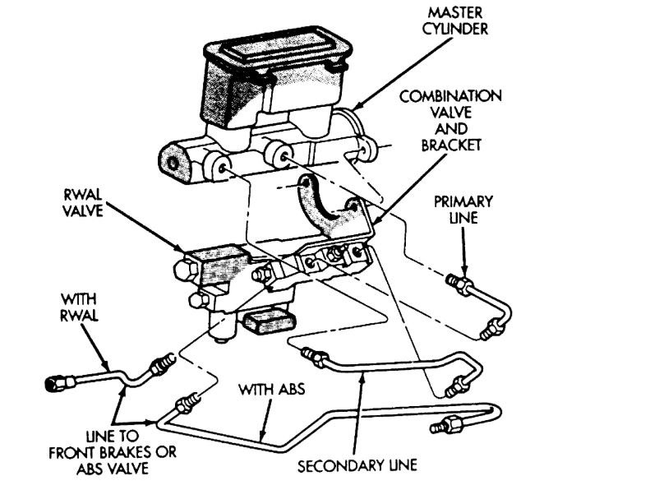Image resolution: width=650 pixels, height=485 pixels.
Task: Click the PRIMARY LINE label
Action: [465, 210]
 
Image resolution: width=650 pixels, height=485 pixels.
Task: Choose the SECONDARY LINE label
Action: [357, 465]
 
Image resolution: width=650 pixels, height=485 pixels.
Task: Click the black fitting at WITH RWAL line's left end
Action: [56, 383]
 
